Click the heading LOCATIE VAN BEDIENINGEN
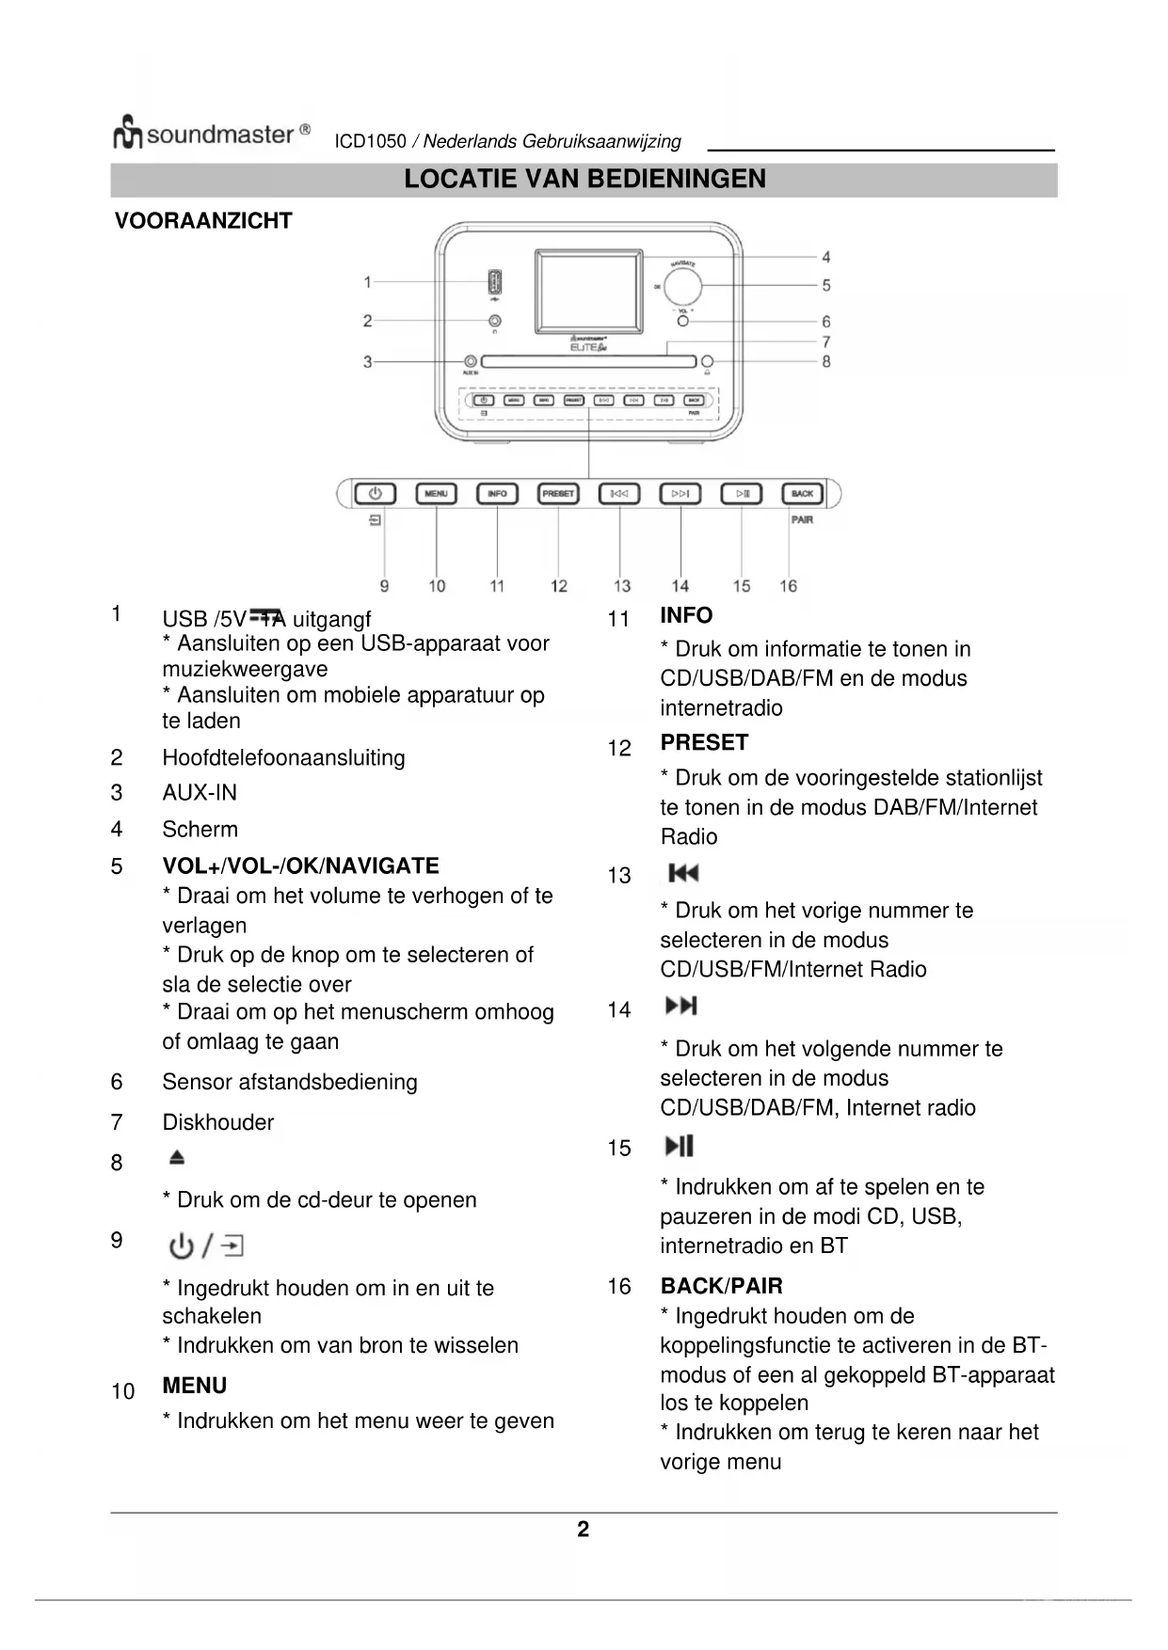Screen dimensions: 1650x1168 coord(584,180)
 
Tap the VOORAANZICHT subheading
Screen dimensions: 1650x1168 coord(203,221)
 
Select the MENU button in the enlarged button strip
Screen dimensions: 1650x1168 coord(436,494)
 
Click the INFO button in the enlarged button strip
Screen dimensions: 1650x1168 coord(497,494)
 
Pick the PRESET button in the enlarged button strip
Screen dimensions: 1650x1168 coord(558,494)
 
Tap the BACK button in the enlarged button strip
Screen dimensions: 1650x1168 coord(802,494)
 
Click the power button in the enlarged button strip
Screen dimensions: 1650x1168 coord(375,494)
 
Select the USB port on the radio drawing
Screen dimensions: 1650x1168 coord(494,282)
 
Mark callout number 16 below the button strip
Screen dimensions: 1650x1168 coord(788,586)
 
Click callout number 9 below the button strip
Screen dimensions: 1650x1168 coord(384,586)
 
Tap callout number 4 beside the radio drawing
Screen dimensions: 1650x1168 coord(825,257)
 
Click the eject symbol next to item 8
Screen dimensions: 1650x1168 coord(177,1158)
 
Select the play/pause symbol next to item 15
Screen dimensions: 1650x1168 coord(679,1146)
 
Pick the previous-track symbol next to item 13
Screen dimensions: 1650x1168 coord(683,874)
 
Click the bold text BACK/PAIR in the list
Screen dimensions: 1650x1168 coord(721,1286)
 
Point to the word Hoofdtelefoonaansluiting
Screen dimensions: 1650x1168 coord(283,758)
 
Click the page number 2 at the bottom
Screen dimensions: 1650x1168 coord(584,1530)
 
